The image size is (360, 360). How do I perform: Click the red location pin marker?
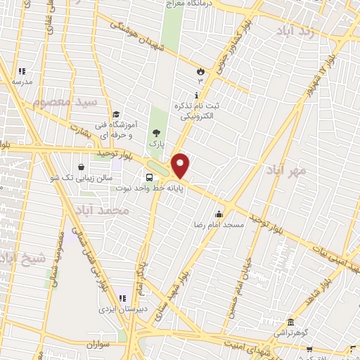pos(181,165)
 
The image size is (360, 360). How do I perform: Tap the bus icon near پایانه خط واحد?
pos(149,177)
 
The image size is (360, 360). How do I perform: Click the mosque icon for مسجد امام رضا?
pos(219,214)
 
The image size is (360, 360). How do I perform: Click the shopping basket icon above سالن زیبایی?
pos(82,167)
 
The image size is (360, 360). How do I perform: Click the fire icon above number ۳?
pos(200,71)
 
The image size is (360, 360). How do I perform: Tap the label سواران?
pos(100,345)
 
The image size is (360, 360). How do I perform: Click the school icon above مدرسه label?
pos(21,71)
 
